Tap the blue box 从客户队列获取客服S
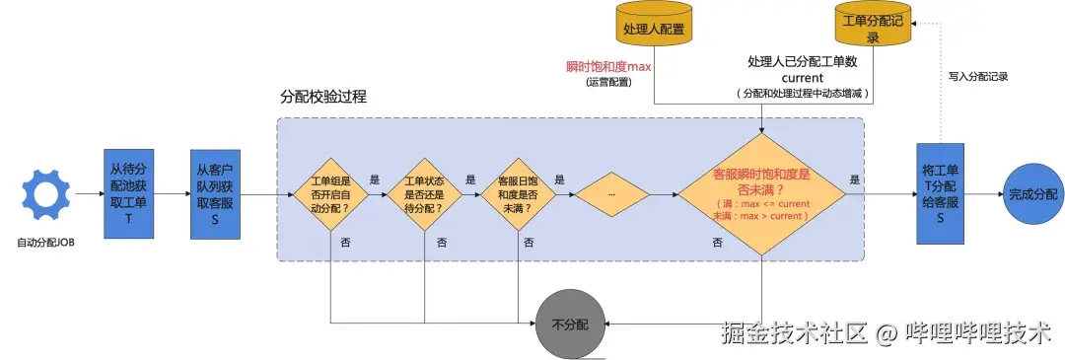pos(215,194)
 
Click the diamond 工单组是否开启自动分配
pos(328,194)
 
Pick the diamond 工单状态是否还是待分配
pos(424,194)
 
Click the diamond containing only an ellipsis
pos(611,194)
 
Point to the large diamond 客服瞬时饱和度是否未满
pos(761,194)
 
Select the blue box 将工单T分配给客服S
pos(941,194)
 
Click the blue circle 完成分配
pos(1031,194)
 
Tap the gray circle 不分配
pos(568,323)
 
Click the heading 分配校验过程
pos(324,100)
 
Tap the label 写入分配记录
pos(978,76)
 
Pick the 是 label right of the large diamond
pos(854,180)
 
